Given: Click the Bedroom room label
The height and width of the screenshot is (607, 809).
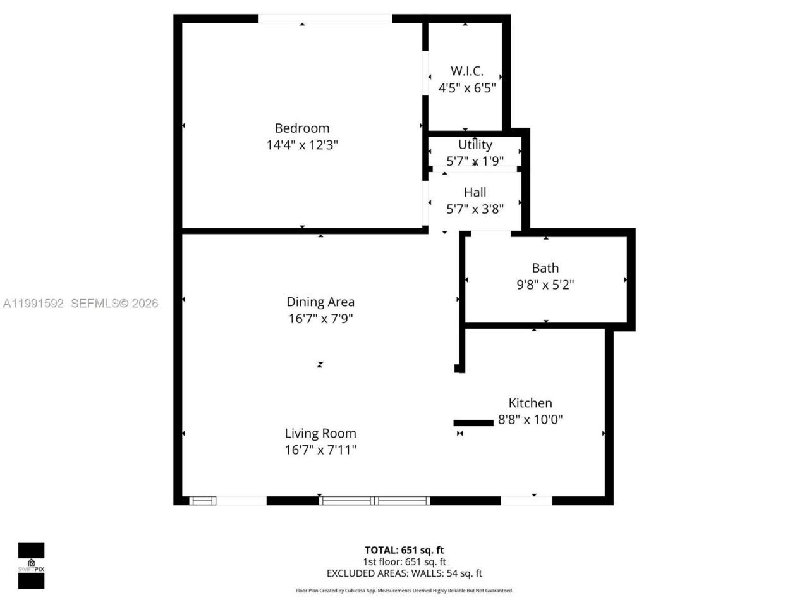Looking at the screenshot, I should [301, 128].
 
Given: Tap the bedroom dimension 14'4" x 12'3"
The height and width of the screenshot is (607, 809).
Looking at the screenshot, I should [302, 145].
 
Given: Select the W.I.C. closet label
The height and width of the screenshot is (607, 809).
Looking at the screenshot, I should [466, 71].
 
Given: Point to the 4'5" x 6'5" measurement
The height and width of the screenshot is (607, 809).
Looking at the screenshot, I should [466, 88].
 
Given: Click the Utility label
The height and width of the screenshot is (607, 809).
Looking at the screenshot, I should [475, 145].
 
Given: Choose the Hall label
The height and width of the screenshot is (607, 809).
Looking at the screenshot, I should [475, 192].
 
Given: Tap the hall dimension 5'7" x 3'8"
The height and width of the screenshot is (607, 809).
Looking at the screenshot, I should [475, 209].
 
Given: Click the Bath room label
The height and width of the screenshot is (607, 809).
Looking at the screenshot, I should [545, 268].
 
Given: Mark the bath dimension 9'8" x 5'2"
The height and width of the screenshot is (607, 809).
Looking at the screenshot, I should [545, 285].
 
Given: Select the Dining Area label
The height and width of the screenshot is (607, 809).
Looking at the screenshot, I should [320, 302].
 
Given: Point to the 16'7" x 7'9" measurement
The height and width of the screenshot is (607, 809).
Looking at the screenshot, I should [320, 319].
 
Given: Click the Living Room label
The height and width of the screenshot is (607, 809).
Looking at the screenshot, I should [320, 434].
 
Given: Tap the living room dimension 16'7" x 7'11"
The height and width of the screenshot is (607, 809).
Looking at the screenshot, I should [320, 450].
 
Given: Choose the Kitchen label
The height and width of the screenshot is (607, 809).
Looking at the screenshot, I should [530, 403].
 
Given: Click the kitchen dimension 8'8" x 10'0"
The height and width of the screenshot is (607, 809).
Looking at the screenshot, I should [530, 419].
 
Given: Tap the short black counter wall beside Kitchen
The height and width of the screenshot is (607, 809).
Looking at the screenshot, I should [473, 422].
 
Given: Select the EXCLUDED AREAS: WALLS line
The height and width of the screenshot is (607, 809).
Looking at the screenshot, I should [404, 573].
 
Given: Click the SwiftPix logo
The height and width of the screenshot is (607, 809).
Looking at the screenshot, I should [31, 565].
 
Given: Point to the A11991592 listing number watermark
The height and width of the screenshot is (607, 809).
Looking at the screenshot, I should [33, 303].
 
